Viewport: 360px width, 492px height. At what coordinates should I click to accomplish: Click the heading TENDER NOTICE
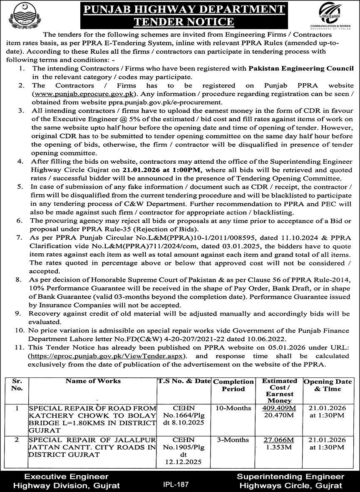point(180,22)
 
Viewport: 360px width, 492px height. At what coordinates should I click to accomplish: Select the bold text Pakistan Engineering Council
point(301,68)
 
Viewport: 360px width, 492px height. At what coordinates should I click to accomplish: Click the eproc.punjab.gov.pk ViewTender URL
point(108,356)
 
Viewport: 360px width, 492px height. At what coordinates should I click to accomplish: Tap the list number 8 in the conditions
point(19,278)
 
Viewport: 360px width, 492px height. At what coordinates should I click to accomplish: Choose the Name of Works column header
point(93,381)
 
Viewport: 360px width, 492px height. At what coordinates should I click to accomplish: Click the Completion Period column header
point(233,385)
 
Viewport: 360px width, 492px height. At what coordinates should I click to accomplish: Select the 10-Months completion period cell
point(233,408)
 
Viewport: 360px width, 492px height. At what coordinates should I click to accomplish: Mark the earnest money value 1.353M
point(278,447)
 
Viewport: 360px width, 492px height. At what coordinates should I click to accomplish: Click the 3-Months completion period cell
point(233,440)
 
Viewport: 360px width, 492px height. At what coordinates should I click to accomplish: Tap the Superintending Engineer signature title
point(290,477)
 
